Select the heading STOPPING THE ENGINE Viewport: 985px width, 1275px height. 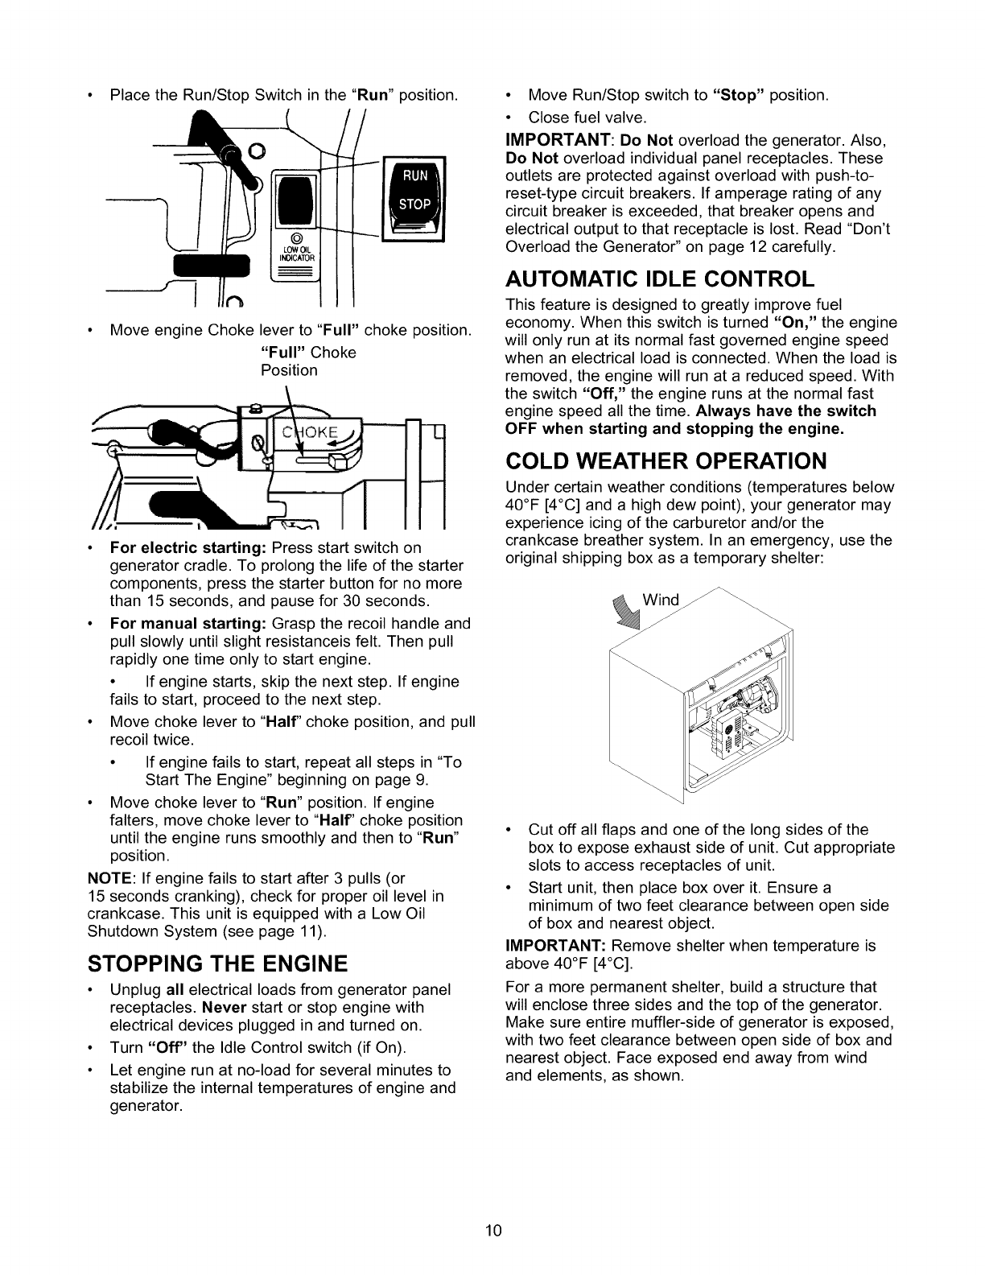[216, 963]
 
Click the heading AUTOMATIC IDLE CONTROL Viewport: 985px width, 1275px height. [660, 279]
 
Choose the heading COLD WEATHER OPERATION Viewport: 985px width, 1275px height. [666, 461]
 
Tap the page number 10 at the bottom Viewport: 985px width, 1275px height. [492, 1230]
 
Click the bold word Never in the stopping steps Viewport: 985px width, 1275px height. [224, 1007]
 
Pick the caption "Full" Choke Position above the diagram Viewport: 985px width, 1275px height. [309, 361]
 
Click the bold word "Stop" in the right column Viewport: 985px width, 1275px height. [739, 96]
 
